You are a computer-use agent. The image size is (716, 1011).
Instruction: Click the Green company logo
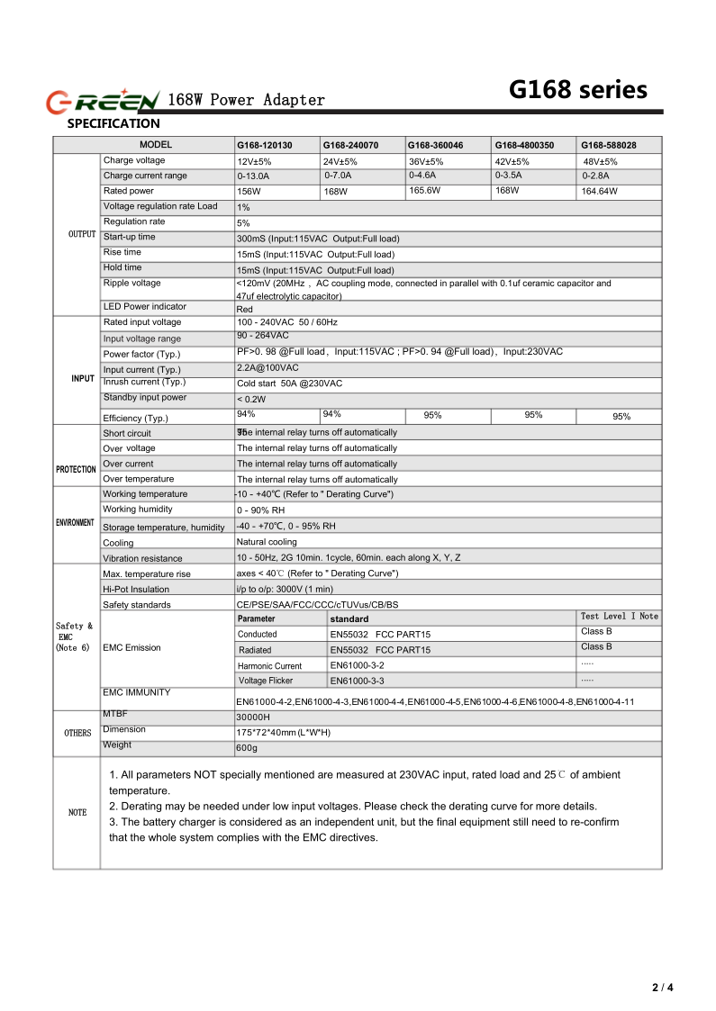(x=103, y=99)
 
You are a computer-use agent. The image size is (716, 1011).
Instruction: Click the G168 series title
(x=577, y=90)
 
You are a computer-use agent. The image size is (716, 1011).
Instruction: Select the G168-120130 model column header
(x=264, y=145)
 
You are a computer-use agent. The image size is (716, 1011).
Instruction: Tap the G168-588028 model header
(x=608, y=145)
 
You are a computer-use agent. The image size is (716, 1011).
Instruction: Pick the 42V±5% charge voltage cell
(x=512, y=161)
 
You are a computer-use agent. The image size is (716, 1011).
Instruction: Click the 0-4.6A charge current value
(x=422, y=175)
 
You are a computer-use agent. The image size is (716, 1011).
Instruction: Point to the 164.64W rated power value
(x=599, y=191)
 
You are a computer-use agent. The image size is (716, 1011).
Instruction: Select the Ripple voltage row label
(x=132, y=284)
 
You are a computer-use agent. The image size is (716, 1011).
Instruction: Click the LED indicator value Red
(x=245, y=309)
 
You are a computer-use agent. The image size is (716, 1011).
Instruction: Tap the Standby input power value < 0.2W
(x=251, y=399)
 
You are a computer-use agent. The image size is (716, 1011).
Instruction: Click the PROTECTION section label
(x=76, y=469)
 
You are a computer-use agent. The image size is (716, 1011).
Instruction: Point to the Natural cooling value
(x=267, y=542)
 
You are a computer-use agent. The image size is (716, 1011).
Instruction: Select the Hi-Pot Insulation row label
(x=136, y=590)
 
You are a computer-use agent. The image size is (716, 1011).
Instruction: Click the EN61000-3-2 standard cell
(x=357, y=665)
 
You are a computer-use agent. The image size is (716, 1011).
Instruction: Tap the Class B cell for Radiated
(x=596, y=647)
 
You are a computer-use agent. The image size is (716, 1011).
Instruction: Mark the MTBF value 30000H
(x=253, y=717)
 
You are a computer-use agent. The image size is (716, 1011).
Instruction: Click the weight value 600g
(x=247, y=748)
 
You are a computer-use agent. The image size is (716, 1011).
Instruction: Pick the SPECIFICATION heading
(x=113, y=124)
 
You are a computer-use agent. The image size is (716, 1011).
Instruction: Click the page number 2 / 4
(x=662, y=988)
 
